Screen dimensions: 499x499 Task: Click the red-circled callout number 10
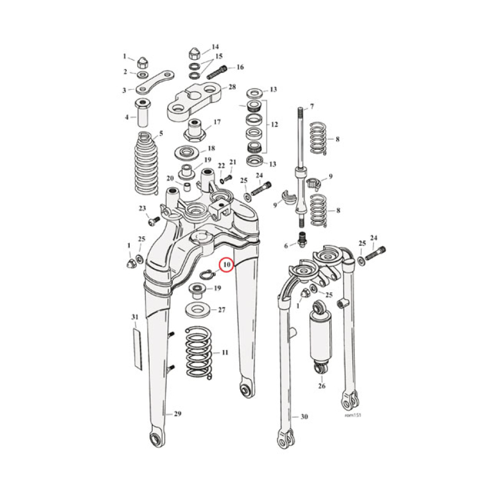click(227, 265)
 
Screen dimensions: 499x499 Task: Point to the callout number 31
click(135, 318)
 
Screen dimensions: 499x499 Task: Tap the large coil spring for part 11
click(200, 352)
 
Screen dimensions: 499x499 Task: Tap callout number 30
click(304, 417)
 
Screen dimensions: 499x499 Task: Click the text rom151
click(352, 414)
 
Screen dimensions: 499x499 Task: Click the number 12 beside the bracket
click(273, 125)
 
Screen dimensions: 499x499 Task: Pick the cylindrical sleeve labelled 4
click(144, 114)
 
